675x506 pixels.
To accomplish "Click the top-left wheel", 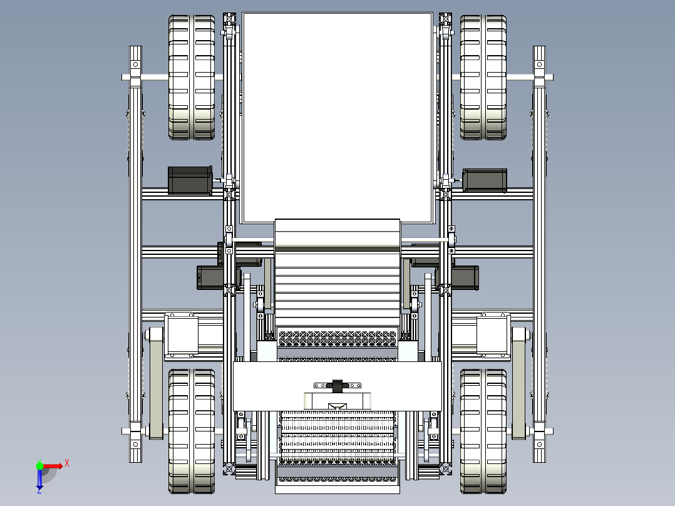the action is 192,78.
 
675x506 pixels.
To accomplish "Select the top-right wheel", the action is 483,78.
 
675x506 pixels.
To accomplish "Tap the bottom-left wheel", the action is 192,431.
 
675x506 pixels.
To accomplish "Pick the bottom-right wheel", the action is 483,431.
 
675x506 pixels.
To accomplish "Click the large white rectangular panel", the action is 337,116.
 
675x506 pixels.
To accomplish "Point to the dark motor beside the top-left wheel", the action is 190,180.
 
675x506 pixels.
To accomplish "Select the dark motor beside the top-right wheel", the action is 485,180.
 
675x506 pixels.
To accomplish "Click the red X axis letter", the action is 67,463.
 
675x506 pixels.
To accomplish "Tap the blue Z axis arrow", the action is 39,481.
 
